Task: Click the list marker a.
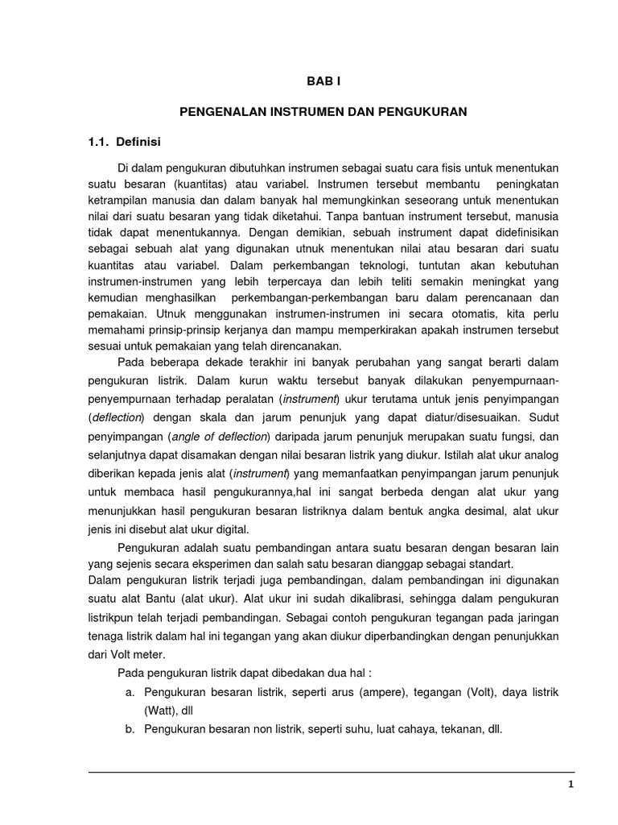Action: [x=126, y=693]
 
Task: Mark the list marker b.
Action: [x=126, y=728]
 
